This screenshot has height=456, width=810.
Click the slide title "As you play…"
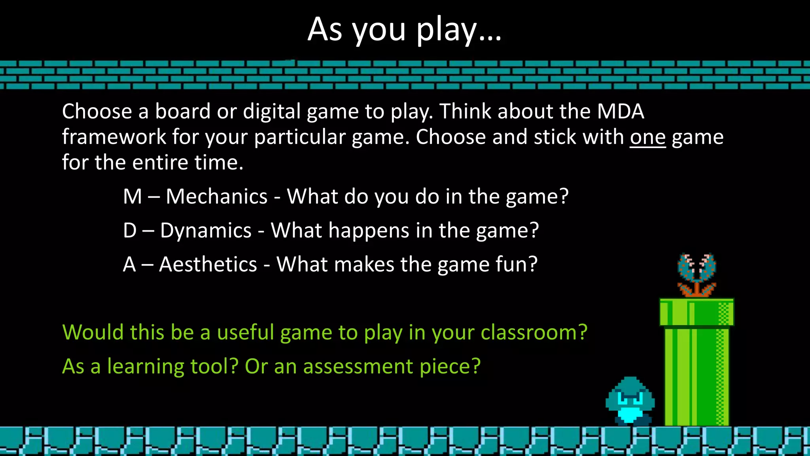404,29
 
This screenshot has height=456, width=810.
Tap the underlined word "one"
647,137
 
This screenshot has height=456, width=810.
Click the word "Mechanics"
216,197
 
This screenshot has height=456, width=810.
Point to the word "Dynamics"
206,231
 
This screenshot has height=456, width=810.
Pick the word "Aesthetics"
208,264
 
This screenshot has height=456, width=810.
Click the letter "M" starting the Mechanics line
132,197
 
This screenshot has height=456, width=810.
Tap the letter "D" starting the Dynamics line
130,231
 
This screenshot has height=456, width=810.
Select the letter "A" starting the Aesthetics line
129,264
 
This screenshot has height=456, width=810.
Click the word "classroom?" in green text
534,332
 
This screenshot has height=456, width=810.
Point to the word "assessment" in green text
358,367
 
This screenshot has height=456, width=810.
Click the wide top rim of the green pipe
696,312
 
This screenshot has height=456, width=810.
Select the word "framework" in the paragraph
114,137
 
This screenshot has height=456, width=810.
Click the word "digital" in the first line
272,112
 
